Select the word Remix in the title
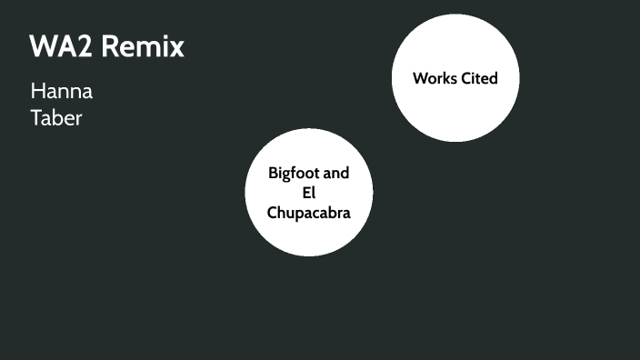143,46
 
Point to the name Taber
56,118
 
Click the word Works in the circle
435,78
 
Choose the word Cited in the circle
478,78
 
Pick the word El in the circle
308,193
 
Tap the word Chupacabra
308,213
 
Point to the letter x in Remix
178,46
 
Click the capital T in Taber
36,118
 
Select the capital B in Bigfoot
273,173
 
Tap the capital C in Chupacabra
272,213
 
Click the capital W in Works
420,78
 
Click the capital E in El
305,193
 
